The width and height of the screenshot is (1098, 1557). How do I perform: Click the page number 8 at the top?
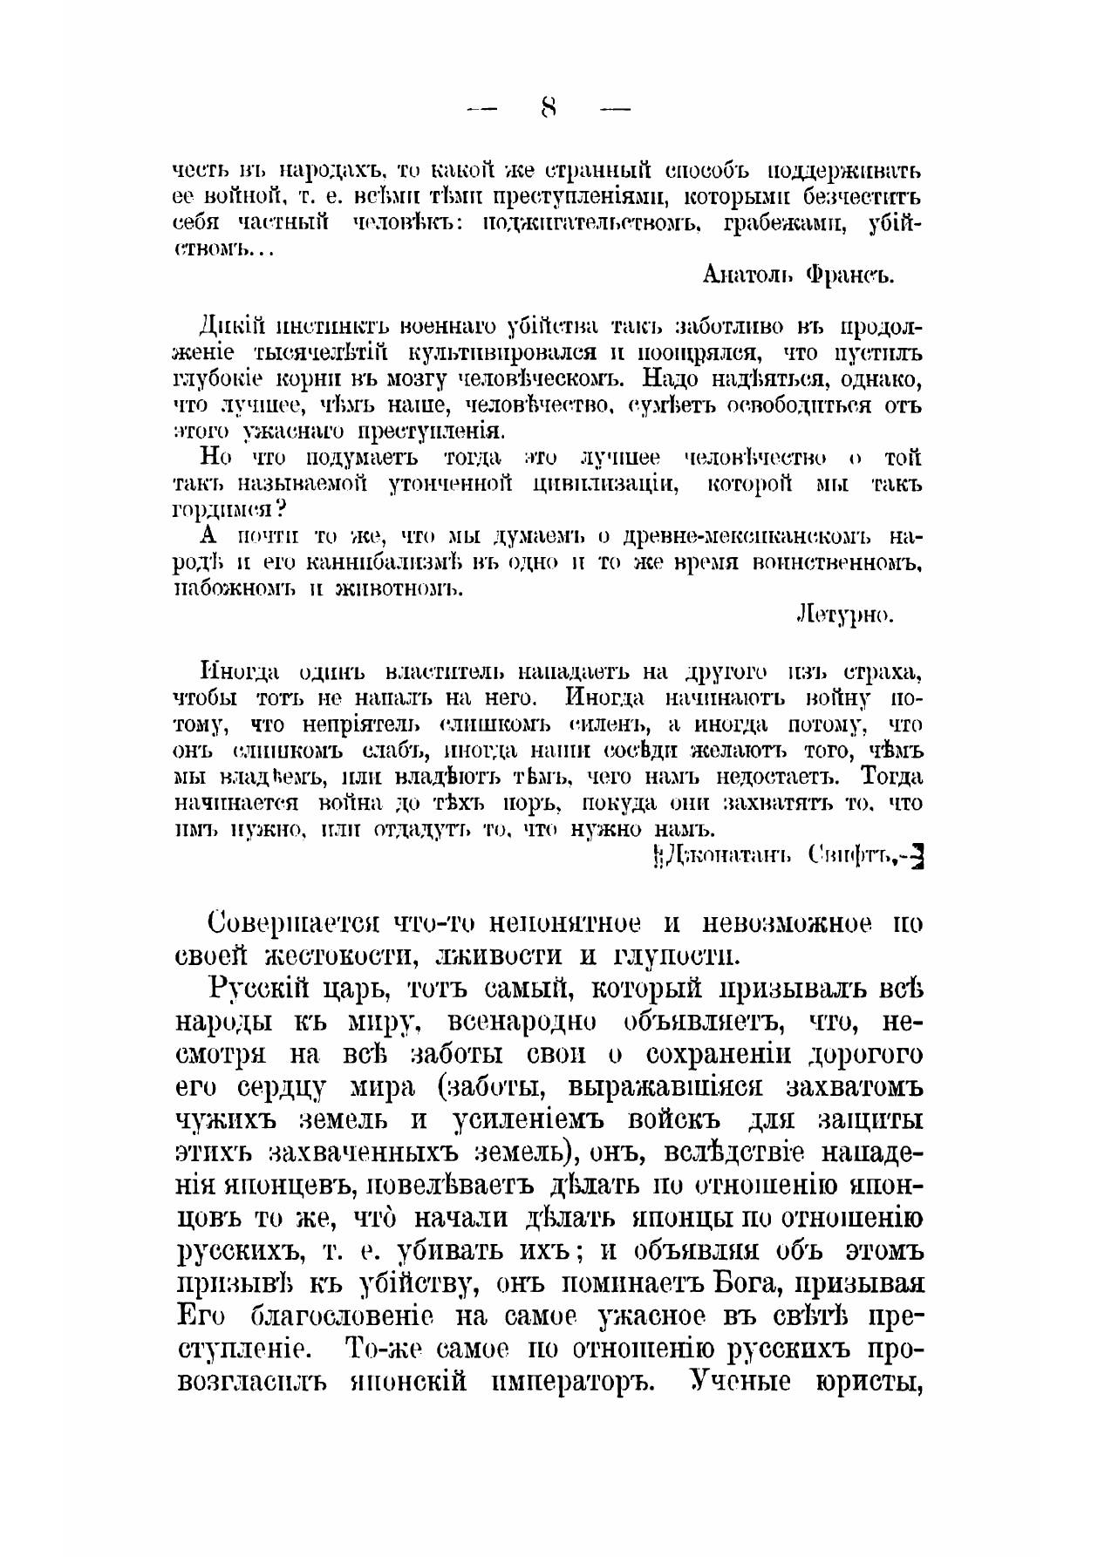[549, 108]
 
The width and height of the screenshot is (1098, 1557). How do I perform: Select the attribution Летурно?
[845, 615]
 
